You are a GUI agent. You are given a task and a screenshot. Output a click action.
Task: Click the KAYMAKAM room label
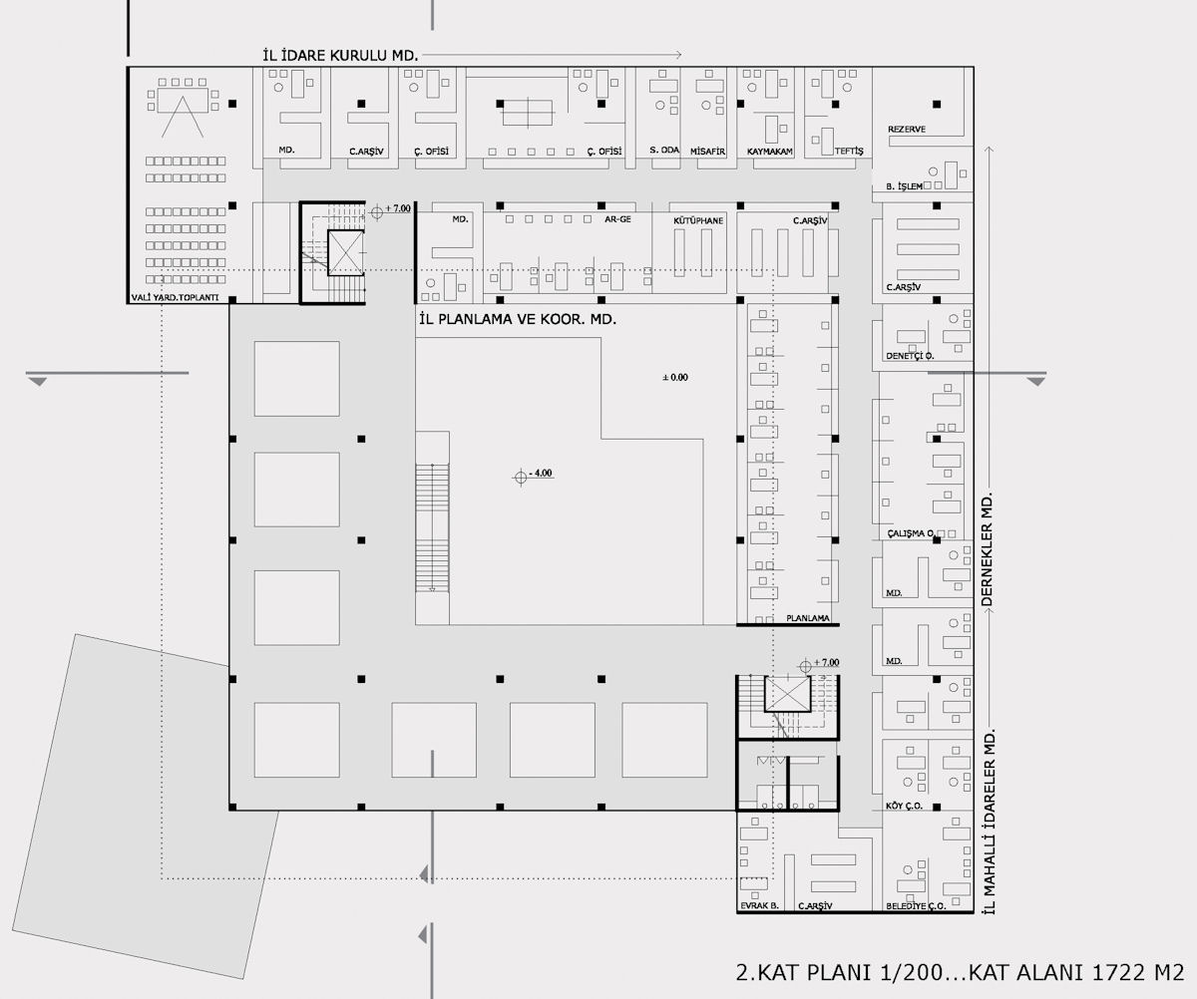769,152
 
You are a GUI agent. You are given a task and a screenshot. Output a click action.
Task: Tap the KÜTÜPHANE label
698,220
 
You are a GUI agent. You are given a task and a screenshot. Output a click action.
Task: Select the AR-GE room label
617,219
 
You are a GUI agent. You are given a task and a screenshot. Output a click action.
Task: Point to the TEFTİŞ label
849,151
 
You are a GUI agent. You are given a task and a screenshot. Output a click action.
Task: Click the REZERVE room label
907,129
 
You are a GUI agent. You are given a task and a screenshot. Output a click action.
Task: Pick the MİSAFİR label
707,152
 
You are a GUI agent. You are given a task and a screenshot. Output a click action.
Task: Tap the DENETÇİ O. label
910,356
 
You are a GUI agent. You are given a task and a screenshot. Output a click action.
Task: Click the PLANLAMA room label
807,618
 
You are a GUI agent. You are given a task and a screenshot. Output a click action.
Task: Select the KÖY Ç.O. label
904,806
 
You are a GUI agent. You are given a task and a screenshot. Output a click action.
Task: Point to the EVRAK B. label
759,905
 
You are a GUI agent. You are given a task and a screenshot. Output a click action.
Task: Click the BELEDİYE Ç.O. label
916,906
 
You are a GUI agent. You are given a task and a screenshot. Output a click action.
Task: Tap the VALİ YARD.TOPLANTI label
175,297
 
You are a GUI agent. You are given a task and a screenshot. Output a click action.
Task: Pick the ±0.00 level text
675,377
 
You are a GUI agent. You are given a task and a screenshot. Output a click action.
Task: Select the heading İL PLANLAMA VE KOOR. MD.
518,319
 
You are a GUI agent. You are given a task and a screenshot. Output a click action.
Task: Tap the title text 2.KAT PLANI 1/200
839,973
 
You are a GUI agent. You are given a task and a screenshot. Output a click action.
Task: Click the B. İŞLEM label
904,186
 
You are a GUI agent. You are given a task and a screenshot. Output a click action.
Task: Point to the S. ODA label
664,150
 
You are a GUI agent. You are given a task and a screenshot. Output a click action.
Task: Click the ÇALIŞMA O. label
911,533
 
